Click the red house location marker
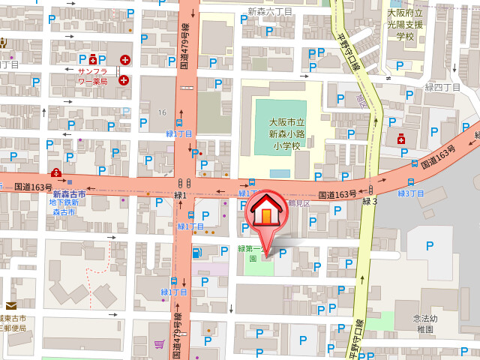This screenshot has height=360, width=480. point(266,213)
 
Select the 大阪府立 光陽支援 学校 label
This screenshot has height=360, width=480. point(405,24)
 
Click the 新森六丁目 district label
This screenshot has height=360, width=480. point(270,11)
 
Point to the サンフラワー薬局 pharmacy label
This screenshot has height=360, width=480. point(93,76)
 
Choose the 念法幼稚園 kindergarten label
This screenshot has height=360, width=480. point(424,323)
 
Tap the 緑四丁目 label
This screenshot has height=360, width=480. point(442,88)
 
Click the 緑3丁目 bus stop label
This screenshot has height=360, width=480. point(410,193)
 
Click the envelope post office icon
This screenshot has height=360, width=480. point(11,306)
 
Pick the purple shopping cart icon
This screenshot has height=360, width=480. point(159,344)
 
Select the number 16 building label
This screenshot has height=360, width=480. point(161,112)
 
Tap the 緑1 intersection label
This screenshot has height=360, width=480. point(180,195)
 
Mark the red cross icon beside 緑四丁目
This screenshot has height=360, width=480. point(401,139)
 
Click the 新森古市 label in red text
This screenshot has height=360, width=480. point(69,194)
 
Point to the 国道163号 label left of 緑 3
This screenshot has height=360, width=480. point(337,195)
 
